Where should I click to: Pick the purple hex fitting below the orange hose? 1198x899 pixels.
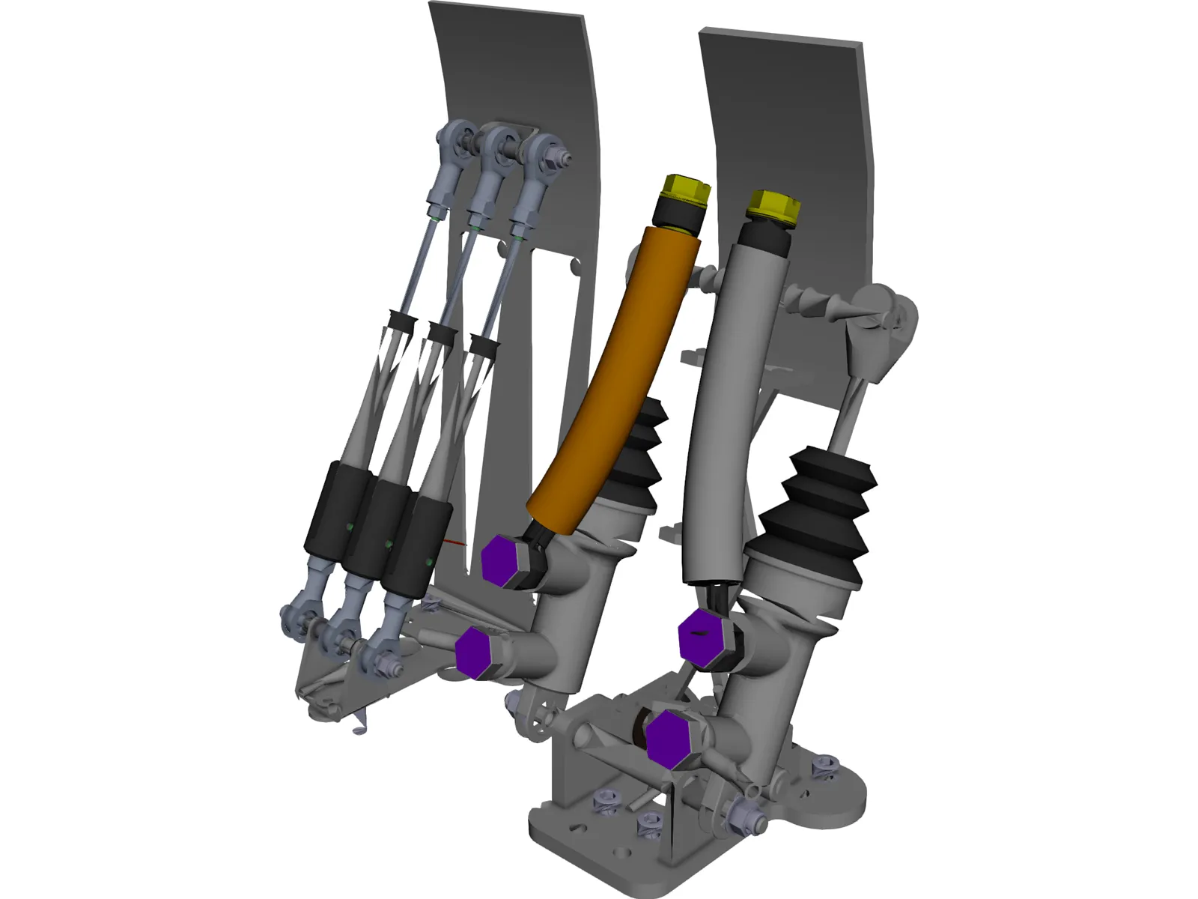tap(500, 560)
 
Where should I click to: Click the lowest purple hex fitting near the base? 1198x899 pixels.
tap(670, 739)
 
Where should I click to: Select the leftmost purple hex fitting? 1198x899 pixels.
tap(475, 649)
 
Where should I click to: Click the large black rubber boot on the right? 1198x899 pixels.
tap(820, 517)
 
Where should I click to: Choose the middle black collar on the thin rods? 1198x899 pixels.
tap(441, 330)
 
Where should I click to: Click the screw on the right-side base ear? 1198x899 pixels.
tap(823, 768)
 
